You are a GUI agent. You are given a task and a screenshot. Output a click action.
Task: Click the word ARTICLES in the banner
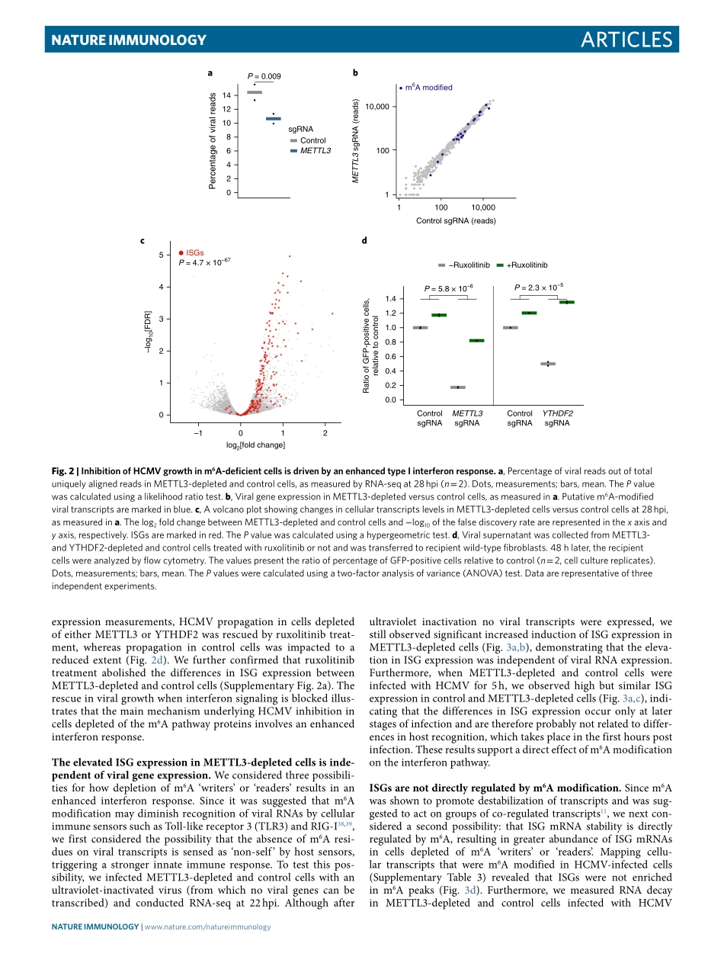point(621,40)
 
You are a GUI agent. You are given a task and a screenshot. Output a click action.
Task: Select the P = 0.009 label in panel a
point(264,76)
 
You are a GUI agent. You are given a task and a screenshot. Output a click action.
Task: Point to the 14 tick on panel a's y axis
point(227,95)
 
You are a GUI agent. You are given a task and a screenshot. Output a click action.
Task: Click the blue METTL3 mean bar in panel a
point(274,119)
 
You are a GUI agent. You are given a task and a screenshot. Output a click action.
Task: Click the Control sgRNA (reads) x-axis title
point(456,220)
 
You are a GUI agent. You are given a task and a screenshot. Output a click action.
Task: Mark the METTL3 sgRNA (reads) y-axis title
point(355,144)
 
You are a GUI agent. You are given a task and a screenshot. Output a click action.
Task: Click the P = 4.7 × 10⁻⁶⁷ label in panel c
point(203,262)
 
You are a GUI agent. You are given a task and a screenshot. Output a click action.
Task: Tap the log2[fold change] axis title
point(255,445)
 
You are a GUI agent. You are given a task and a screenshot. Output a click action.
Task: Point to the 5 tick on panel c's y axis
point(160,255)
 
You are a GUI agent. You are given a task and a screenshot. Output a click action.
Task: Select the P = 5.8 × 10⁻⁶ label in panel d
point(449,288)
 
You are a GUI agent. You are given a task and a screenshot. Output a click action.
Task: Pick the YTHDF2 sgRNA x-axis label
point(557,418)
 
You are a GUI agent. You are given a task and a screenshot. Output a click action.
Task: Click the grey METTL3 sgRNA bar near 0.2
point(458,387)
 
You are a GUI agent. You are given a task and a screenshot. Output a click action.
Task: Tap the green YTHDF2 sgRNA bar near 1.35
point(566,302)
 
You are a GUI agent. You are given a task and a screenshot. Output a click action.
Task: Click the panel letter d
point(364,241)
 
